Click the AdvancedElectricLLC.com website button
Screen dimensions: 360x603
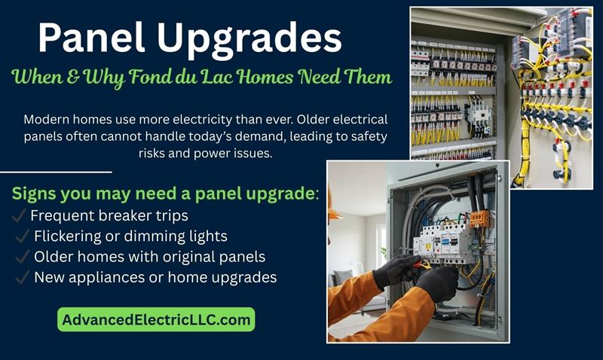(156, 319)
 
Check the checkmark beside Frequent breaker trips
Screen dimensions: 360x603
(20, 217)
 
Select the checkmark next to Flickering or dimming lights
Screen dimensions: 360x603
(21, 236)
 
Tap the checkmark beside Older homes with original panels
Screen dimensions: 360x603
(21, 257)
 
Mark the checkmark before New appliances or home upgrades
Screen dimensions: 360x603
(21, 277)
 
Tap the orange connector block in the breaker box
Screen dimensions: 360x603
(479, 218)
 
